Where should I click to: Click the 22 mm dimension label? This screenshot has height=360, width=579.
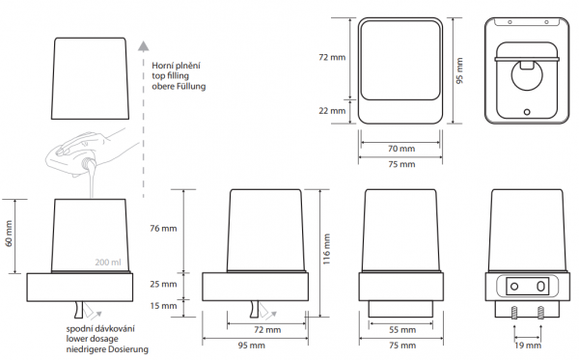pos(332,110)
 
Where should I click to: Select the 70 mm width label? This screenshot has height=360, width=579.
pos(401,149)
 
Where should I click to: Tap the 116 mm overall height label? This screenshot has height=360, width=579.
pos(326,249)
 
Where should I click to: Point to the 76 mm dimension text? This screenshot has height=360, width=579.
pos(163,228)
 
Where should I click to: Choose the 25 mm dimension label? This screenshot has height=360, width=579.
pos(163,284)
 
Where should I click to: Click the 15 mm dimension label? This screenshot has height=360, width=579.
pos(163,305)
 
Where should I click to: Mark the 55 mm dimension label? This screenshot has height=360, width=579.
pos(402,329)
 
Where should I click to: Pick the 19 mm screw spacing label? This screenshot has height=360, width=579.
pos(528,346)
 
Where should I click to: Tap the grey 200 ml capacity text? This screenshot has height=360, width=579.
pos(108,263)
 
